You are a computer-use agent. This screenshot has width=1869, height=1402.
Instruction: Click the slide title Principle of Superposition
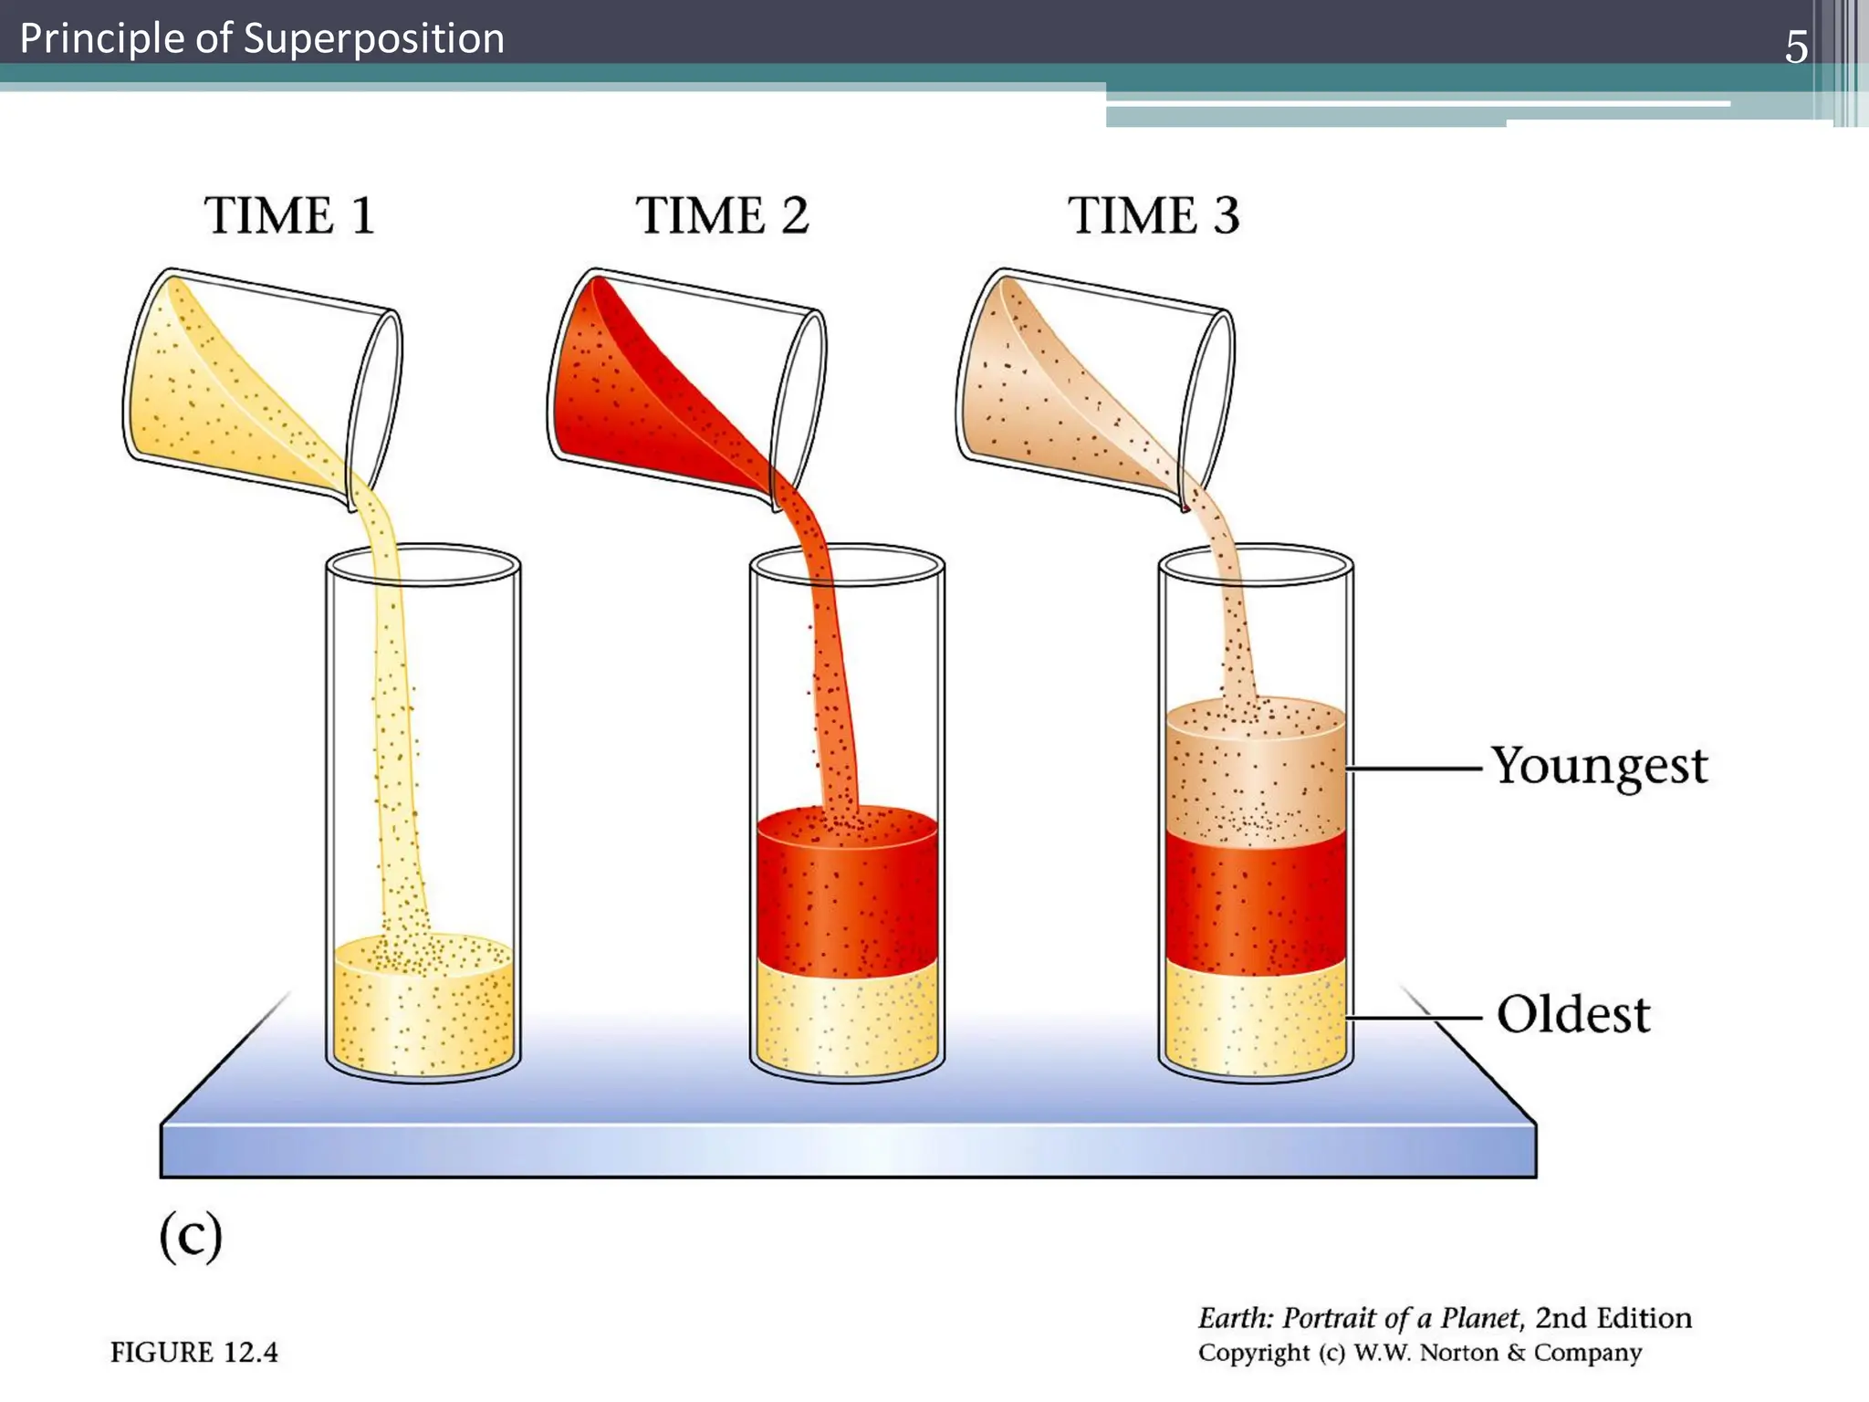(x=262, y=39)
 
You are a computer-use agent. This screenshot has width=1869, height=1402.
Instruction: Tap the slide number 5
(x=1795, y=47)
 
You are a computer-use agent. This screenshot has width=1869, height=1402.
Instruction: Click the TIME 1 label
(x=289, y=216)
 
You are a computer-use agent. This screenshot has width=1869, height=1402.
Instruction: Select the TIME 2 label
(x=722, y=216)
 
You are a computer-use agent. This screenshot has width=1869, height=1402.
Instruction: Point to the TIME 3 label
(x=1154, y=216)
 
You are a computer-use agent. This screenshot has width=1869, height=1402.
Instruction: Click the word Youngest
(x=1599, y=767)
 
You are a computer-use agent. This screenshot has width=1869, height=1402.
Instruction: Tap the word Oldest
(x=1573, y=1015)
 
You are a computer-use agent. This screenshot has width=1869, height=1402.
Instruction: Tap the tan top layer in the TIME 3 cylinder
(x=1256, y=776)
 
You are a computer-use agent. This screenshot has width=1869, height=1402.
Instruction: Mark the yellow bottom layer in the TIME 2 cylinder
(x=847, y=1018)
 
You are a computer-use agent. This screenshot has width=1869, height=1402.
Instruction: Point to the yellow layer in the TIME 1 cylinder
(x=423, y=1013)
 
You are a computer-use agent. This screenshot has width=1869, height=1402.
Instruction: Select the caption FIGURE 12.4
(x=193, y=1352)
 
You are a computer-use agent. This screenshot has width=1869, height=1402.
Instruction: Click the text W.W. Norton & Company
(x=1497, y=1353)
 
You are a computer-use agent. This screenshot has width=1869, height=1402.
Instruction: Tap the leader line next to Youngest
(x=1415, y=769)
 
